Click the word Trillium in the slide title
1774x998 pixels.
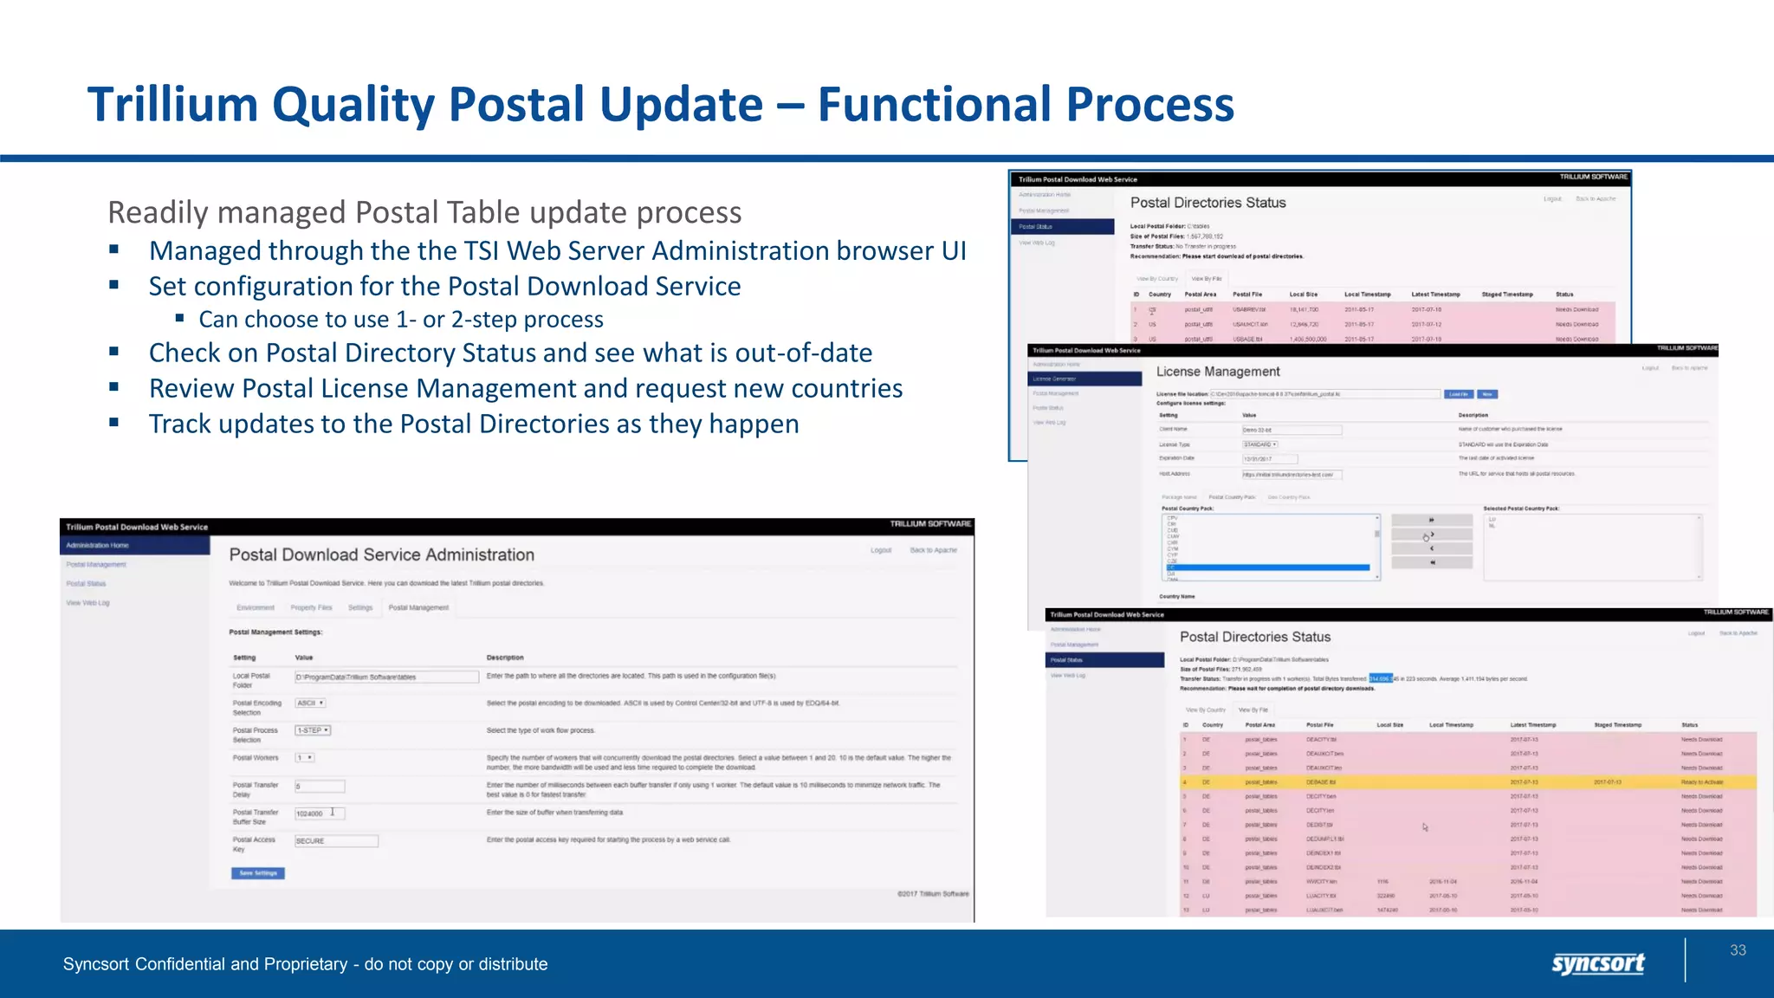(172, 105)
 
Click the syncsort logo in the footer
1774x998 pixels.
(1597, 963)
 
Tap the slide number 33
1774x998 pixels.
(1738, 950)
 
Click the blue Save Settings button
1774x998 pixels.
(258, 873)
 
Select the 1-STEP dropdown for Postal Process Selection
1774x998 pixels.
(313, 730)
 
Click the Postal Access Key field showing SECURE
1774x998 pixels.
(336, 841)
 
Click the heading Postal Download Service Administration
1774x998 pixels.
(381, 554)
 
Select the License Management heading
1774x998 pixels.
(1218, 372)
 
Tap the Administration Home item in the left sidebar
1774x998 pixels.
(98, 546)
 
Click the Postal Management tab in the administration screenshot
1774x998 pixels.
(418, 608)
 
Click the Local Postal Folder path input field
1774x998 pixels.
(386, 677)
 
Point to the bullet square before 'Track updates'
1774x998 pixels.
(113, 423)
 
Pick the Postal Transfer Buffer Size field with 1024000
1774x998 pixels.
(319, 813)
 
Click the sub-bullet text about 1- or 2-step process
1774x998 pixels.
(400, 320)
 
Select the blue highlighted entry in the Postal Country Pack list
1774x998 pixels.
(1269, 567)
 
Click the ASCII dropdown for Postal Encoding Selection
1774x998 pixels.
(310, 703)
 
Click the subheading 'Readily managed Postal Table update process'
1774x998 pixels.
(424, 212)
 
